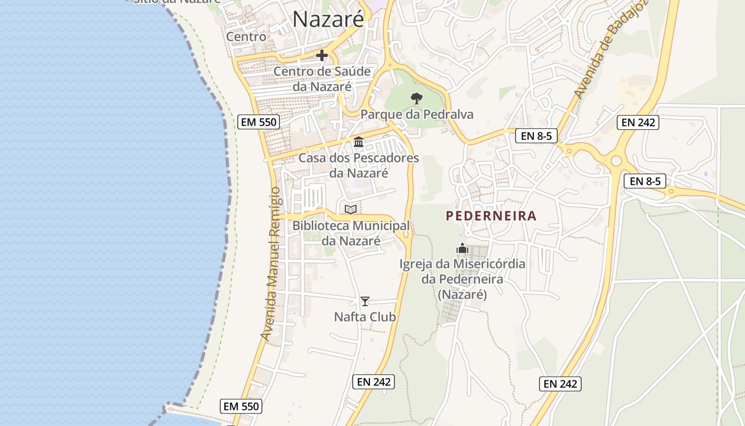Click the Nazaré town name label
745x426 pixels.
[328, 20]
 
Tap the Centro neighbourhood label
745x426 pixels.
[246, 37]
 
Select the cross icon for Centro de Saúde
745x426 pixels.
[322, 55]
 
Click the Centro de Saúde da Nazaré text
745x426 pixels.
[322, 78]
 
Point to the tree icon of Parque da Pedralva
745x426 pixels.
[417, 99]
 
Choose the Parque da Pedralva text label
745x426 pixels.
[417, 114]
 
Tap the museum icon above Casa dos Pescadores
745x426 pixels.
[359, 142]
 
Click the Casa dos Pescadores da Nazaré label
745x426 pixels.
[359, 165]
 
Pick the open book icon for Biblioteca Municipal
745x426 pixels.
[351, 210]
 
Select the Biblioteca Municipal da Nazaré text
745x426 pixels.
[351, 233]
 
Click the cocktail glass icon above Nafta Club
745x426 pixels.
[365, 301]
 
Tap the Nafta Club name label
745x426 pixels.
[365, 317]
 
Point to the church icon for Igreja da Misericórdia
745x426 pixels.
[462, 248]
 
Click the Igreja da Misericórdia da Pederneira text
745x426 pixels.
[462, 279]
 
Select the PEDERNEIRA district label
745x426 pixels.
[491, 216]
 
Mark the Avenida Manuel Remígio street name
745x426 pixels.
[270, 264]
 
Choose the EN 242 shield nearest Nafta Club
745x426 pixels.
[374, 381]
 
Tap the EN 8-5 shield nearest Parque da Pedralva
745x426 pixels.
[536, 136]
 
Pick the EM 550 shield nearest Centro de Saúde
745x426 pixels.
[259, 122]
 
